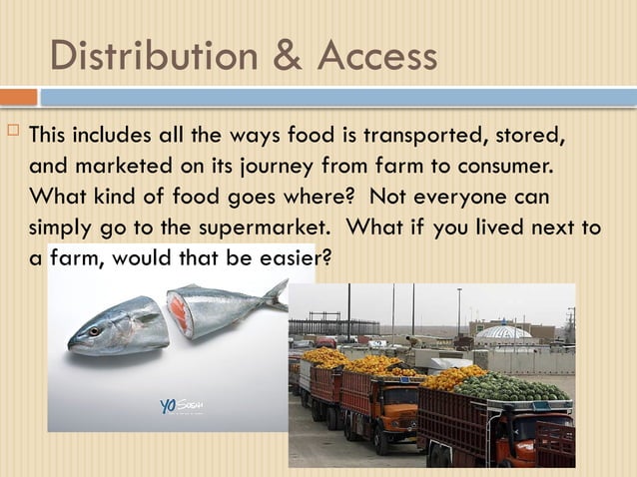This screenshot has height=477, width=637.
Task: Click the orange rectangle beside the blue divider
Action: [18, 97]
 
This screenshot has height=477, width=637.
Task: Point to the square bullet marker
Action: [12, 132]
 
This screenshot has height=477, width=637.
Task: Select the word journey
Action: [268, 164]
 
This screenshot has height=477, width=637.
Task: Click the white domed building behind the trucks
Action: [504, 332]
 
